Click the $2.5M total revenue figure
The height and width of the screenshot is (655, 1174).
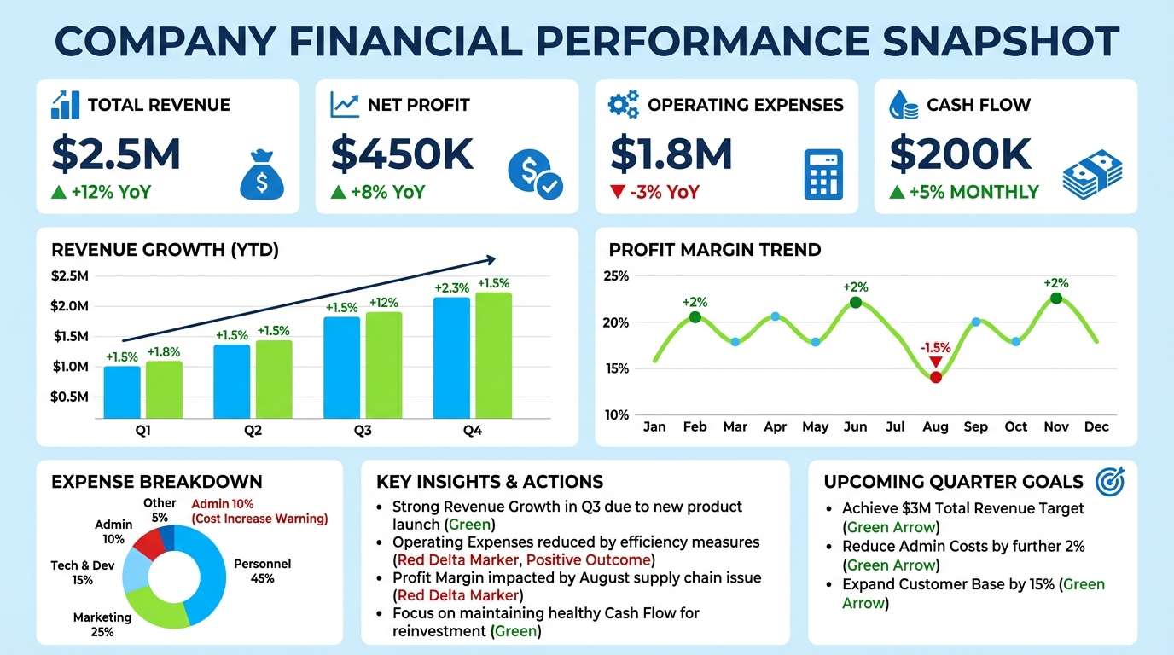pyautogui.click(x=116, y=154)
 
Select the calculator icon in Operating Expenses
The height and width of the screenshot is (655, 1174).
pyautogui.click(x=823, y=174)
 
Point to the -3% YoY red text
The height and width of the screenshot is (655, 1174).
pyautogui.click(x=655, y=192)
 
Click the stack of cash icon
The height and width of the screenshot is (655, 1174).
pyautogui.click(x=1091, y=174)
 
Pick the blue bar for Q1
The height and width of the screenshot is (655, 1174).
pyautogui.click(x=122, y=392)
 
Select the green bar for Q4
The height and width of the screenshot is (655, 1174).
pyautogui.click(x=493, y=356)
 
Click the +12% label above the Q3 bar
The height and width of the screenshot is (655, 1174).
pyautogui.click(x=383, y=302)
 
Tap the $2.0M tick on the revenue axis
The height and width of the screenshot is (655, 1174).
pyautogui.click(x=69, y=306)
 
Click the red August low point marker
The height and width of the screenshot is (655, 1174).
pyautogui.click(x=935, y=377)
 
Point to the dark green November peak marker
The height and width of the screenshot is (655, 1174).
pyautogui.click(x=1056, y=298)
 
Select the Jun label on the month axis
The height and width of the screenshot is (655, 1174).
pyautogui.click(x=855, y=426)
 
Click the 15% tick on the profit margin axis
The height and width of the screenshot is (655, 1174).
pyautogui.click(x=616, y=368)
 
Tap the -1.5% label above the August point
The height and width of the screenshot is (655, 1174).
pyautogui.click(x=935, y=348)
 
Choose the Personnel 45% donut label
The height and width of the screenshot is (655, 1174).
pyautogui.click(x=262, y=571)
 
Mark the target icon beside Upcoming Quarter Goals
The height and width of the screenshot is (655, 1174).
pyautogui.click(x=1109, y=482)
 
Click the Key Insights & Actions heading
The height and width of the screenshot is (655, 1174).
pyautogui.click(x=490, y=482)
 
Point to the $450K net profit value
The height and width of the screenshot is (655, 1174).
pyautogui.click(x=402, y=154)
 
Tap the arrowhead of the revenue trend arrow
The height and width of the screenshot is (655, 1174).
pyautogui.click(x=491, y=259)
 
